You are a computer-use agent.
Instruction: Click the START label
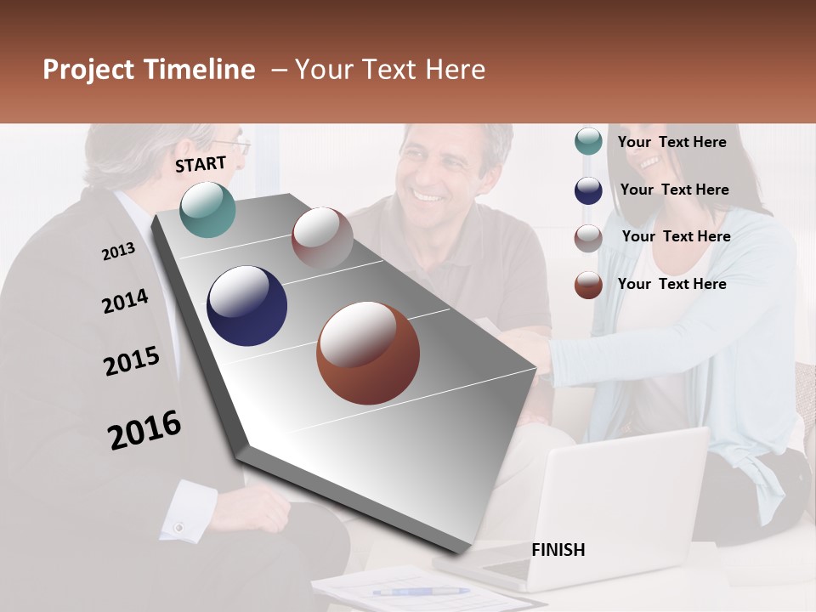[x=201, y=164]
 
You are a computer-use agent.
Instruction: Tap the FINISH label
[x=558, y=550]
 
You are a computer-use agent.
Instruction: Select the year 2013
[x=118, y=252]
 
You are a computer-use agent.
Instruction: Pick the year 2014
[x=125, y=302]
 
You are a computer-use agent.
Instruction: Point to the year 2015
[x=132, y=362]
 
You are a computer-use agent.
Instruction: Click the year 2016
[x=144, y=430]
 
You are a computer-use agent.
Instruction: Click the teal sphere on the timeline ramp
[x=208, y=210]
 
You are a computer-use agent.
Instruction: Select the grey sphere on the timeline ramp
[x=322, y=237]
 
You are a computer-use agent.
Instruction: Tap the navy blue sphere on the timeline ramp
[x=246, y=306]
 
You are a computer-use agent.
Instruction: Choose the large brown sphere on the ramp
[x=368, y=353]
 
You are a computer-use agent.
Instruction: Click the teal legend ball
[x=588, y=142]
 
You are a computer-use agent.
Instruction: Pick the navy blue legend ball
[x=588, y=190]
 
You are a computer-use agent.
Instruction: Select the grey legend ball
[x=588, y=238]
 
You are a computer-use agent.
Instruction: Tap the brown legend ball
[x=588, y=285]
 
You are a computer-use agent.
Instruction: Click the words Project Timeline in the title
[x=149, y=70]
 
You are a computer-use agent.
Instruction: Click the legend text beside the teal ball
[x=671, y=142]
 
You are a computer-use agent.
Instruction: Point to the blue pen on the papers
[x=420, y=591]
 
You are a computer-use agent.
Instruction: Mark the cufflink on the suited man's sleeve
[x=178, y=528]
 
